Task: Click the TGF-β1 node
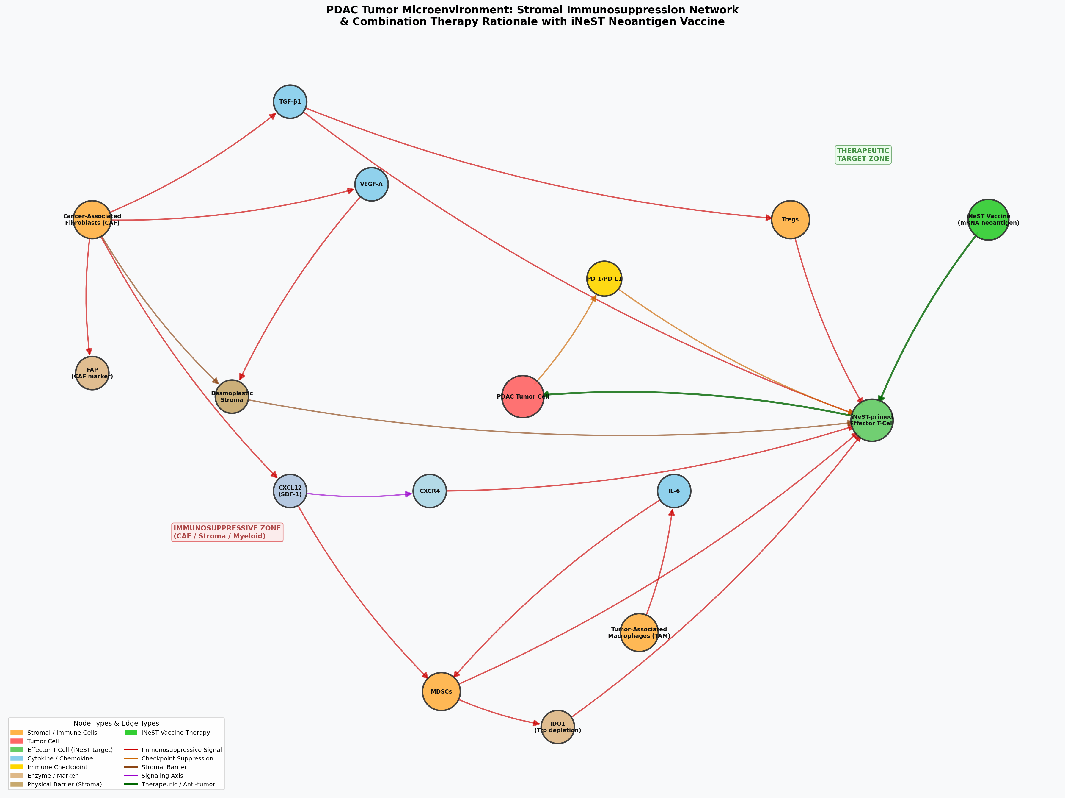(290, 102)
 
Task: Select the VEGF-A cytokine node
(371, 184)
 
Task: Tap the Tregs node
(790, 219)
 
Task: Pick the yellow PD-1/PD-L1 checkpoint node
(604, 279)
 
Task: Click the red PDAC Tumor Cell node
(522, 396)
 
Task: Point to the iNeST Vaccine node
(988, 219)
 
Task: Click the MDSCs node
(441, 691)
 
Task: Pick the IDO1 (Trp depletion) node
(557, 727)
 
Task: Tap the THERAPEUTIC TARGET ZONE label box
(863, 155)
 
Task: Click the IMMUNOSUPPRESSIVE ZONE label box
(227, 532)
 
